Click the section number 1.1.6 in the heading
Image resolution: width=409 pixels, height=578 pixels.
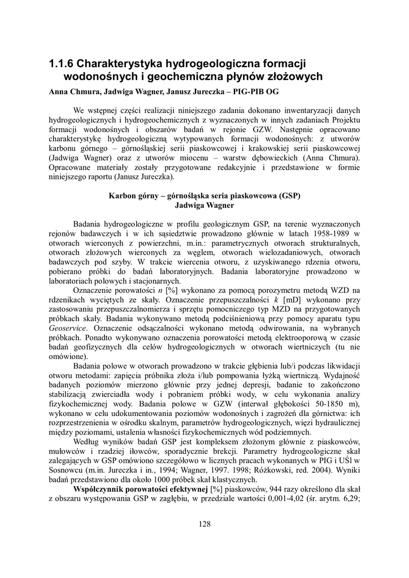pos(60,63)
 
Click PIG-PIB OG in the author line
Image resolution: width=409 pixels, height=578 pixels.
pos(258,91)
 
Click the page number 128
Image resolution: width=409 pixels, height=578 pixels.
pos(204,524)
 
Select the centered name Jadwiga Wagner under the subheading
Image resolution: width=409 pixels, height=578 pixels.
pos(204,205)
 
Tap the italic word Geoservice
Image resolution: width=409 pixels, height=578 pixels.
pos(68,328)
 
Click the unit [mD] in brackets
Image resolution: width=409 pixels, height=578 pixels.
pos(290,300)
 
